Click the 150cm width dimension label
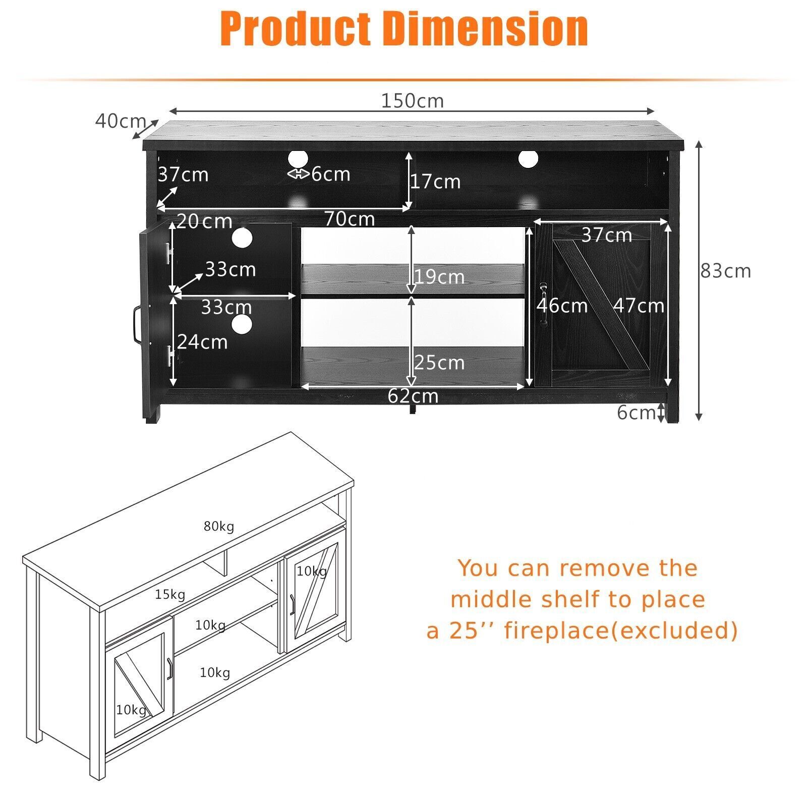tap(412, 101)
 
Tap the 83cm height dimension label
tap(725, 271)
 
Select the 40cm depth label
tap(120, 121)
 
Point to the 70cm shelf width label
tap(350, 219)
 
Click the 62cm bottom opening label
tap(413, 396)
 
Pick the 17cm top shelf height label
tap(435, 182)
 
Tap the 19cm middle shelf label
tap(439, 277)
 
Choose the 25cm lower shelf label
tap(439, 363)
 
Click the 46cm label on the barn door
tap(562, 306)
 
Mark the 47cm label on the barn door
tap(639, 306)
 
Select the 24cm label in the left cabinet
tap(202, 342)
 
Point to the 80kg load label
tap(219, 527)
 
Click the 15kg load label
tap(170, 595)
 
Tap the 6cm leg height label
tap(635, 413)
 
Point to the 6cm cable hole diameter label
tap(330, 174)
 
